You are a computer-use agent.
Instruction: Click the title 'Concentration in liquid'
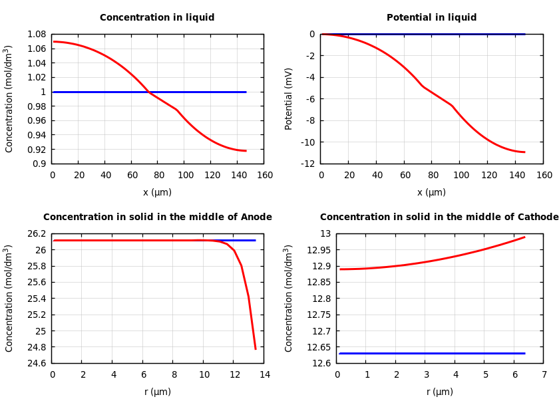pos(157,18)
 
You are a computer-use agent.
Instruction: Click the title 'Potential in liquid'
pos(431,18)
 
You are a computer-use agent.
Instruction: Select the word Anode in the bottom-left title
pos(256,217)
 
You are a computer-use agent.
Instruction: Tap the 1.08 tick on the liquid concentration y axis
pos(37,34)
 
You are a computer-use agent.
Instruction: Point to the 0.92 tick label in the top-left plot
pos(37,150)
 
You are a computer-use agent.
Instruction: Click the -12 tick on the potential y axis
pos(308,164)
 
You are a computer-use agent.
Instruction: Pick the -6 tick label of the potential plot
pos(310,99)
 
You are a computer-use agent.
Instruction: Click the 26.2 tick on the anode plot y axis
pos(37,234)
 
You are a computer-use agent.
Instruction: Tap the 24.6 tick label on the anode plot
pos(37,363)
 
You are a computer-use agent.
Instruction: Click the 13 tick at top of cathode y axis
pos(325,234)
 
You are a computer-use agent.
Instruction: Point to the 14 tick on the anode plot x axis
pos(265,375)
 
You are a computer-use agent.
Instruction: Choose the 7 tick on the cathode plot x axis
pos(544,375)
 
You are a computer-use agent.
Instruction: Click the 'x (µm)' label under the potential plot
pos(431,193)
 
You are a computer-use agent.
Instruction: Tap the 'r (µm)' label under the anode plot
pos(158,392)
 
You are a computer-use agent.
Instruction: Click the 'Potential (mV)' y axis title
pos(289,98)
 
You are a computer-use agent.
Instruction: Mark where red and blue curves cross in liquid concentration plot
pos(148,92)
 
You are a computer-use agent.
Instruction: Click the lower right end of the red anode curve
pos(256,348)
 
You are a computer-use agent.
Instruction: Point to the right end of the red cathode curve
pos(524,237)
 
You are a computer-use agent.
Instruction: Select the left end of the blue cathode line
pos(340,353)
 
